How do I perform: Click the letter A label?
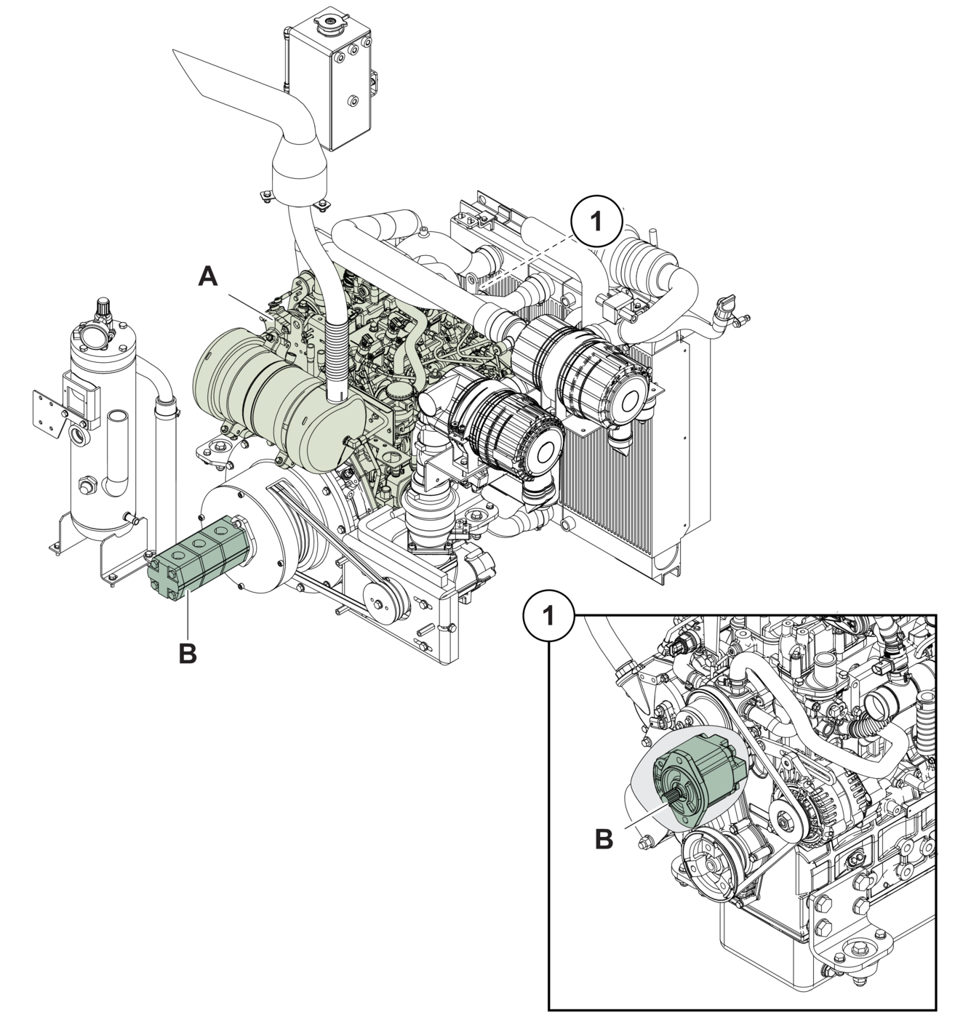(x=208, y=277)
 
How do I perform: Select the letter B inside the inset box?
(x=604, y=839)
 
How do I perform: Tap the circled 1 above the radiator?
(x=596, y=221)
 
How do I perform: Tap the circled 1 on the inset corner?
(x=549, y=616)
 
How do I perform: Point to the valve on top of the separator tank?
(x=103, y=311)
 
